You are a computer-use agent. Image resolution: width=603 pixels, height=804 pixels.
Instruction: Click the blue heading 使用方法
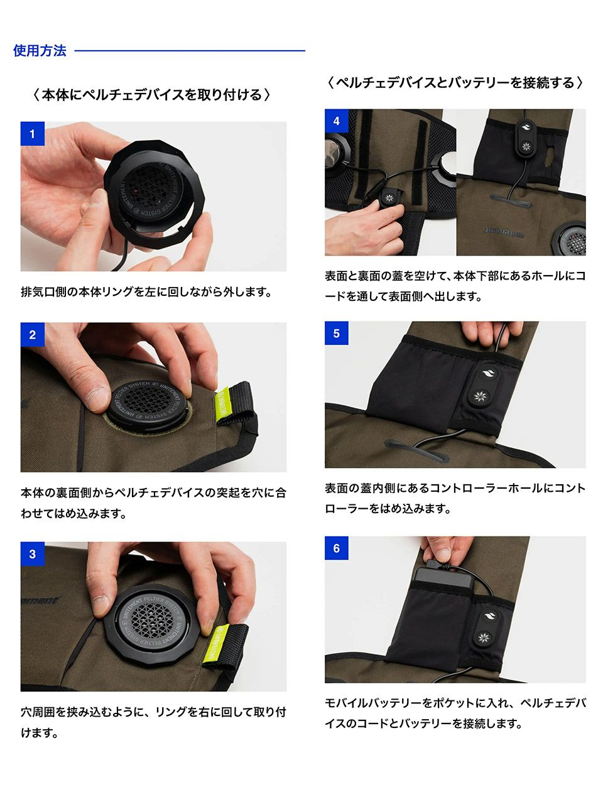[x=40, y=50]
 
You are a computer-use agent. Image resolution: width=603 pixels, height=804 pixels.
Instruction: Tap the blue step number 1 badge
[x=32, y=134]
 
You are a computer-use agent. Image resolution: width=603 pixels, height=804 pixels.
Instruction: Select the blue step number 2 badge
[x=32, y=334]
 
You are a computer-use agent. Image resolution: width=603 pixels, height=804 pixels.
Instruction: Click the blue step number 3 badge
[x=32, y=554]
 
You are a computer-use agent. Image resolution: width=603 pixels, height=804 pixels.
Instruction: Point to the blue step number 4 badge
[x=337, y=121]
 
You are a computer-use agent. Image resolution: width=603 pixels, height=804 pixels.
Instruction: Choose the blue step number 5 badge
[x=337, y=334]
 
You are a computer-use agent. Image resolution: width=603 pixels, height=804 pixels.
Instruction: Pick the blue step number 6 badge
[x=337, y=548]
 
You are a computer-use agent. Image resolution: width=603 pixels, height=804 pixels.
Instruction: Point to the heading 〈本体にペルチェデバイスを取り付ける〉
[x=151, y=94]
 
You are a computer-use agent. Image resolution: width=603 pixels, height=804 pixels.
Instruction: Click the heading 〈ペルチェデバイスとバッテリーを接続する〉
[x=454, y=82]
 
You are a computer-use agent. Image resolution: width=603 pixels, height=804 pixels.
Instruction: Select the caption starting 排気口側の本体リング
[x=146, y=292]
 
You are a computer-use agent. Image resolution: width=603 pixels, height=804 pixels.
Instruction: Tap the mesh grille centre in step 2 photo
[x=148, y=402]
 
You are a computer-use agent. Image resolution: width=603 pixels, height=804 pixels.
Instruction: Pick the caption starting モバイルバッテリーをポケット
[x=455, y=713]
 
